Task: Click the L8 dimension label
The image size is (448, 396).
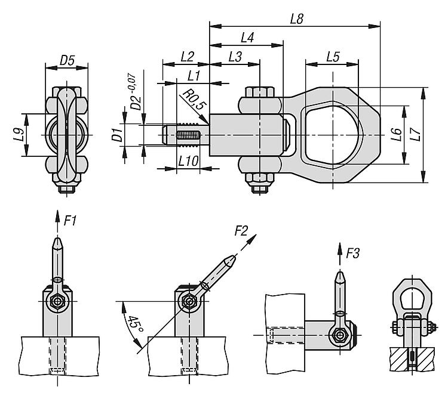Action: point(296,19)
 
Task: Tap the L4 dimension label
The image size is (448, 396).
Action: point(247,38)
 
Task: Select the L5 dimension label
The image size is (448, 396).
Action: point(333,57)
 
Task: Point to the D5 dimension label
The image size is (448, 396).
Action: point(67,60)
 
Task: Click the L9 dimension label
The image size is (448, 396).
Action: point(19,135)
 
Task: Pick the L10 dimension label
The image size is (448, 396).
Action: point(188,161)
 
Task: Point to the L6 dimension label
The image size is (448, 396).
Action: point(396,135)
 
